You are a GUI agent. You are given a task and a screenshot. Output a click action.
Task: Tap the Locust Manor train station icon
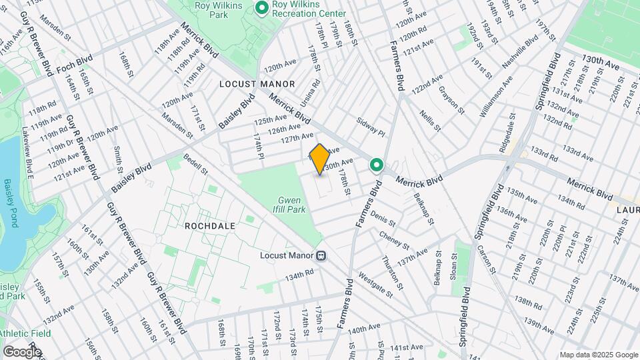pos(321,255)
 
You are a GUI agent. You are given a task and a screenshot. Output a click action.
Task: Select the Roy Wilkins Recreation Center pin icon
pos(261,8)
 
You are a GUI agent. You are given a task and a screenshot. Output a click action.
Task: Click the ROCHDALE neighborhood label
pos(211,226)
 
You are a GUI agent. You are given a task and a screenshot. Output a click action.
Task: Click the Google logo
pos(21,351)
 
